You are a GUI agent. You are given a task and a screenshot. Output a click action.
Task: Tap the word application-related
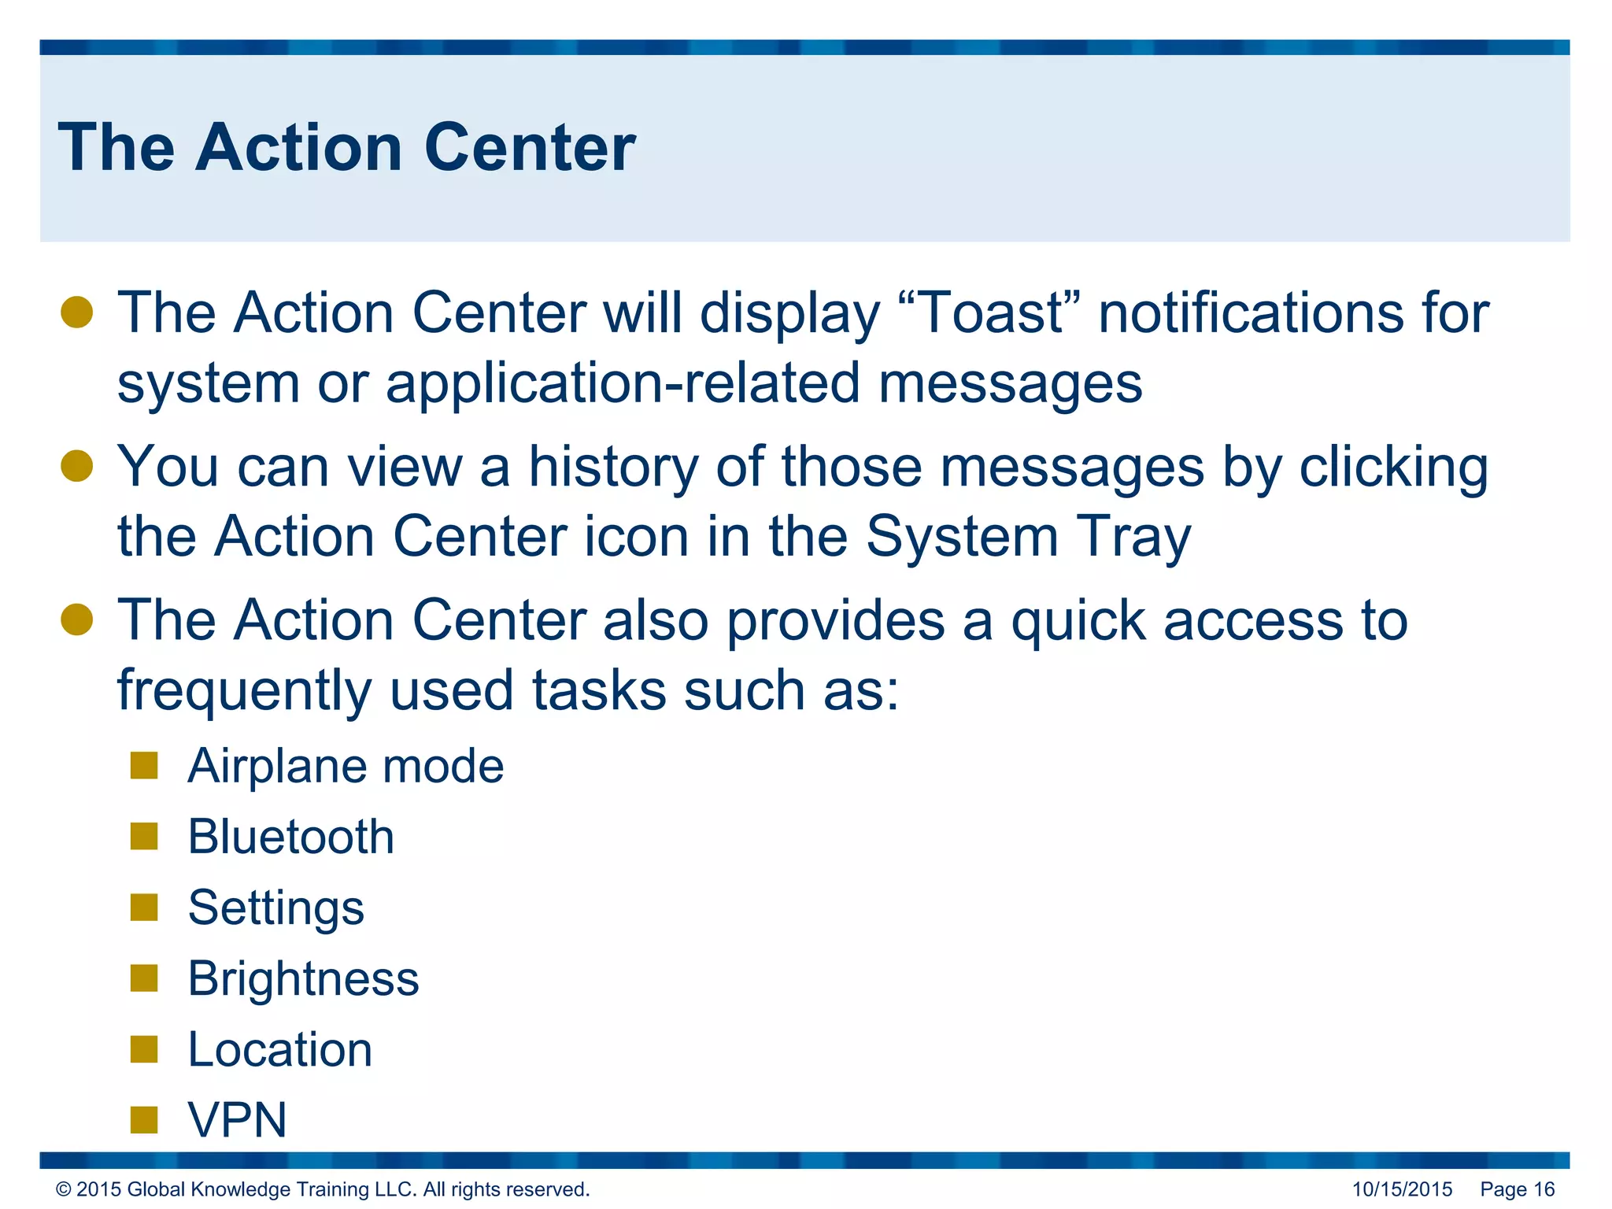(x=622, y=384)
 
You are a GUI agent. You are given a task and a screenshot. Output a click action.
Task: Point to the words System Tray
(x=1028, y=537)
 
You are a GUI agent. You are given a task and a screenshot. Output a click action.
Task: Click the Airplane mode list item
(x=346, y=766)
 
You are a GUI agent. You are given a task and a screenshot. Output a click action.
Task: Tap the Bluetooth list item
(x=291, y=837)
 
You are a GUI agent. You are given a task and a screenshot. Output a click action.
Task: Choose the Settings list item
(x=276, y=908)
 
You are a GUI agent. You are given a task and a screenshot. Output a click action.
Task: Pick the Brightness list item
(x=303, y=978)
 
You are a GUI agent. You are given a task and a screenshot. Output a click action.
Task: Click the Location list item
(x=280, y=1049)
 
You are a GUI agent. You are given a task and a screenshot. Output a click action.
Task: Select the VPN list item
(x=237, y=1119)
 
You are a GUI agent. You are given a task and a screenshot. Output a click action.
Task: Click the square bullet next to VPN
(x=144, y=1119)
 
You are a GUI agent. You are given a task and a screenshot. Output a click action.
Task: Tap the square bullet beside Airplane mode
(x=144, y=765)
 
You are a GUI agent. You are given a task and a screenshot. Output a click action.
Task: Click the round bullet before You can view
(x=77, y=466)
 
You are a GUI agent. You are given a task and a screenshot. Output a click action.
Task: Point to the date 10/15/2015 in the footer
(x=1402, y=1189)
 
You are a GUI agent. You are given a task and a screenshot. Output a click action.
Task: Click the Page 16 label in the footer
(x=1517, y=1189)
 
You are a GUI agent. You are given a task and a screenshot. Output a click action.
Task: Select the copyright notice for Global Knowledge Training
(x=323, y=1189)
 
